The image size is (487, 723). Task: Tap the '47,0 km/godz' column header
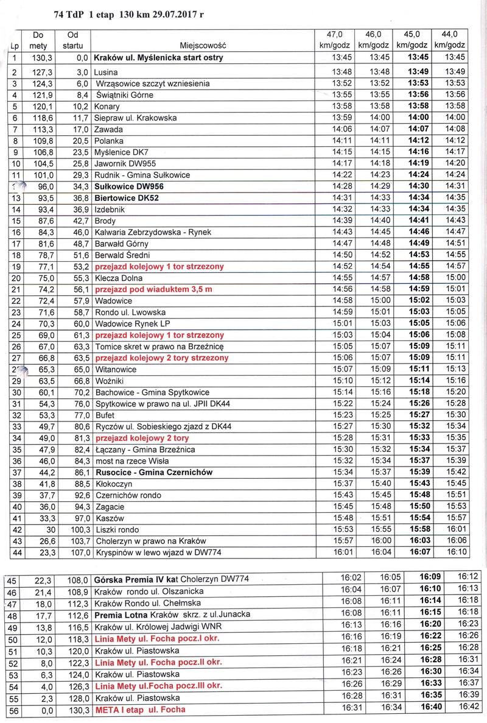coord(332,40)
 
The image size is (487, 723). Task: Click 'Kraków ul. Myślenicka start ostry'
coord(158,58)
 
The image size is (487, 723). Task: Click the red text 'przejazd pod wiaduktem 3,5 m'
coord(152,289)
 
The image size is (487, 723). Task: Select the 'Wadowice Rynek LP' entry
coord(128,323)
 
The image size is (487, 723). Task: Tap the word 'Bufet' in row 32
coord(104,415)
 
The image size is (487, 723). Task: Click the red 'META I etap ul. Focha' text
coord(140,710)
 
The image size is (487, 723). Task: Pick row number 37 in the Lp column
coord(16,472)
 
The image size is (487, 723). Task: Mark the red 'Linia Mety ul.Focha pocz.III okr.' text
coord(156,686)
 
